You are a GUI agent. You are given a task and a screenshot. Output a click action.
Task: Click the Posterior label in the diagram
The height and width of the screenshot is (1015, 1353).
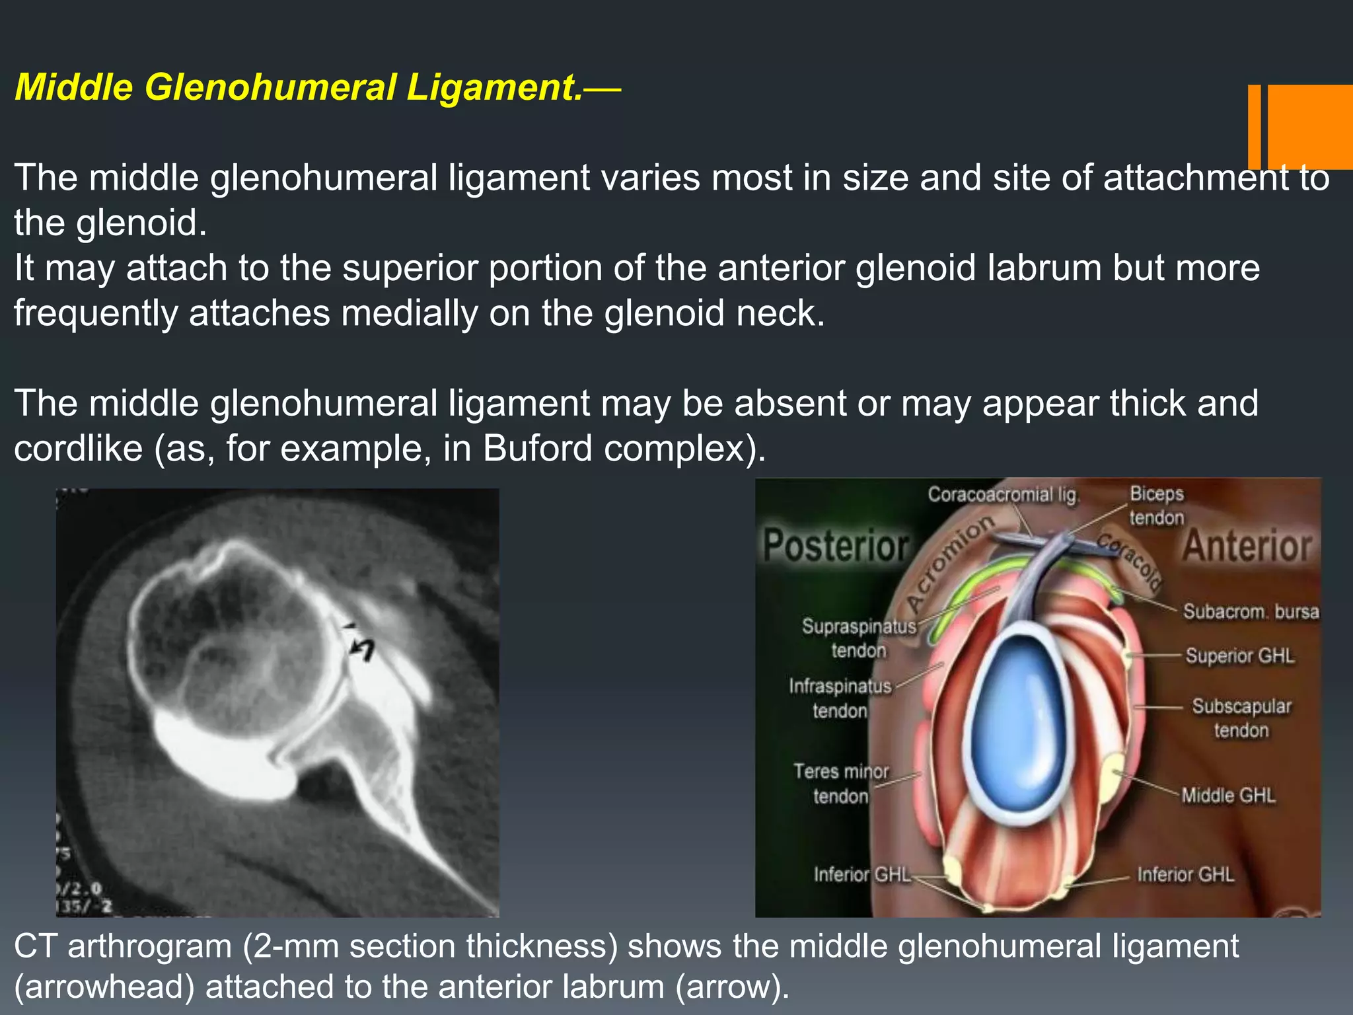click(x=836, y=546)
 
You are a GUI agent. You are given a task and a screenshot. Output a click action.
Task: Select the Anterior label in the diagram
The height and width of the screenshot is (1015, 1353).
click(x=1247, y=546)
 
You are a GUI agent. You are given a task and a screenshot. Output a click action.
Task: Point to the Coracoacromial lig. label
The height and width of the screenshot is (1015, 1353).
click(x=1003, y=495)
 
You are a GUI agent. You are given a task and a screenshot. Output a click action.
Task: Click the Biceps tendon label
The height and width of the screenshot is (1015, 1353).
click(x=1156, y=506)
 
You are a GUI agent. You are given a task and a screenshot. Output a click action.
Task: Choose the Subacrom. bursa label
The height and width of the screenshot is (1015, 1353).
click(x=1251, y=612)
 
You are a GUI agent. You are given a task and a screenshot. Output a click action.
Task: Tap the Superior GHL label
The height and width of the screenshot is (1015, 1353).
click(x=1239, y=656)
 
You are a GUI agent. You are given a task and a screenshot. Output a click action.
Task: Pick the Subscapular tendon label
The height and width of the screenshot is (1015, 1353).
click(x=1241, y=718)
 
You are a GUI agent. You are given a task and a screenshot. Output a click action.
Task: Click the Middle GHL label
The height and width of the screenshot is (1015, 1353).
click(x=1228, y=796)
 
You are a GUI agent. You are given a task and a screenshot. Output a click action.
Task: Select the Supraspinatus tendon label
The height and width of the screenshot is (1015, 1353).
click(x=859, y=638)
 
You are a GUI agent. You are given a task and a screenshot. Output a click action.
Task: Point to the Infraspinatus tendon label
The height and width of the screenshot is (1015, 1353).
click(x=840, y=698)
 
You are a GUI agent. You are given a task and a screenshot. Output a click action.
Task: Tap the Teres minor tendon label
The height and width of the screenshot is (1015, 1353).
click(x=841, y=784)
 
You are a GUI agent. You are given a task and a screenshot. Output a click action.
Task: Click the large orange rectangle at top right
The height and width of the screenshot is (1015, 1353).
click(x=1310, y=127)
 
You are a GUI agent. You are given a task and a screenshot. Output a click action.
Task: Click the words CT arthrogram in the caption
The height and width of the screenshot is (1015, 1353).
click(x=123, y=946)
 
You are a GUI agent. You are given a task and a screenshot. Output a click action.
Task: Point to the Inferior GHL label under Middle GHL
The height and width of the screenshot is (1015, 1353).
click(x=1185, y=875)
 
